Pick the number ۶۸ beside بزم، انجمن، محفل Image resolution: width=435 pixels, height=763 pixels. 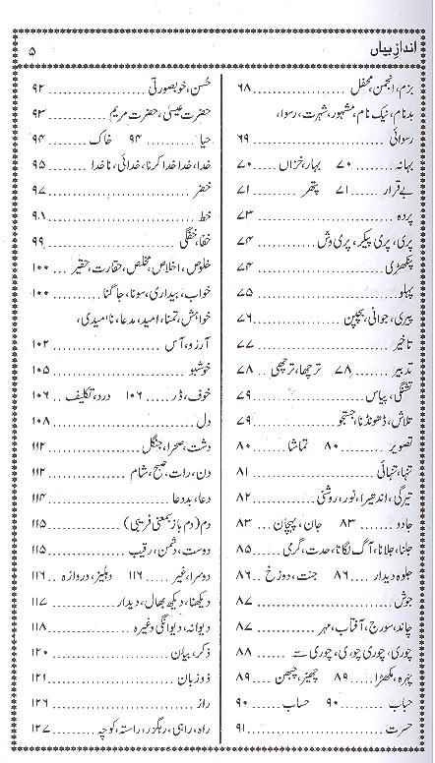(x=246, y=88)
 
